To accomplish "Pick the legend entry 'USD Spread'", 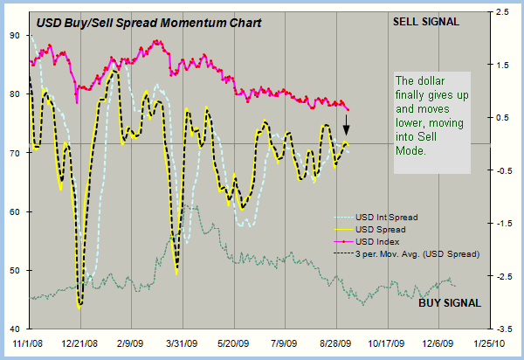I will coord(381,229).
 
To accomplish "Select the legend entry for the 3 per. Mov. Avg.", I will coord(418,253).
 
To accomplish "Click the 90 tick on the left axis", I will coord(16,35).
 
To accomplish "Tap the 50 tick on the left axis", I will coord(16,271).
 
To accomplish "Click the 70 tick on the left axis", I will coord(16,153).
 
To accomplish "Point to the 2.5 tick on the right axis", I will coord(504,12).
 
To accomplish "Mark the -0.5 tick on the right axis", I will coord(504,170).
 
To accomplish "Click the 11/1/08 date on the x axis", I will coord(27,343).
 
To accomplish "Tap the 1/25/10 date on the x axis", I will coord(492,343).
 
